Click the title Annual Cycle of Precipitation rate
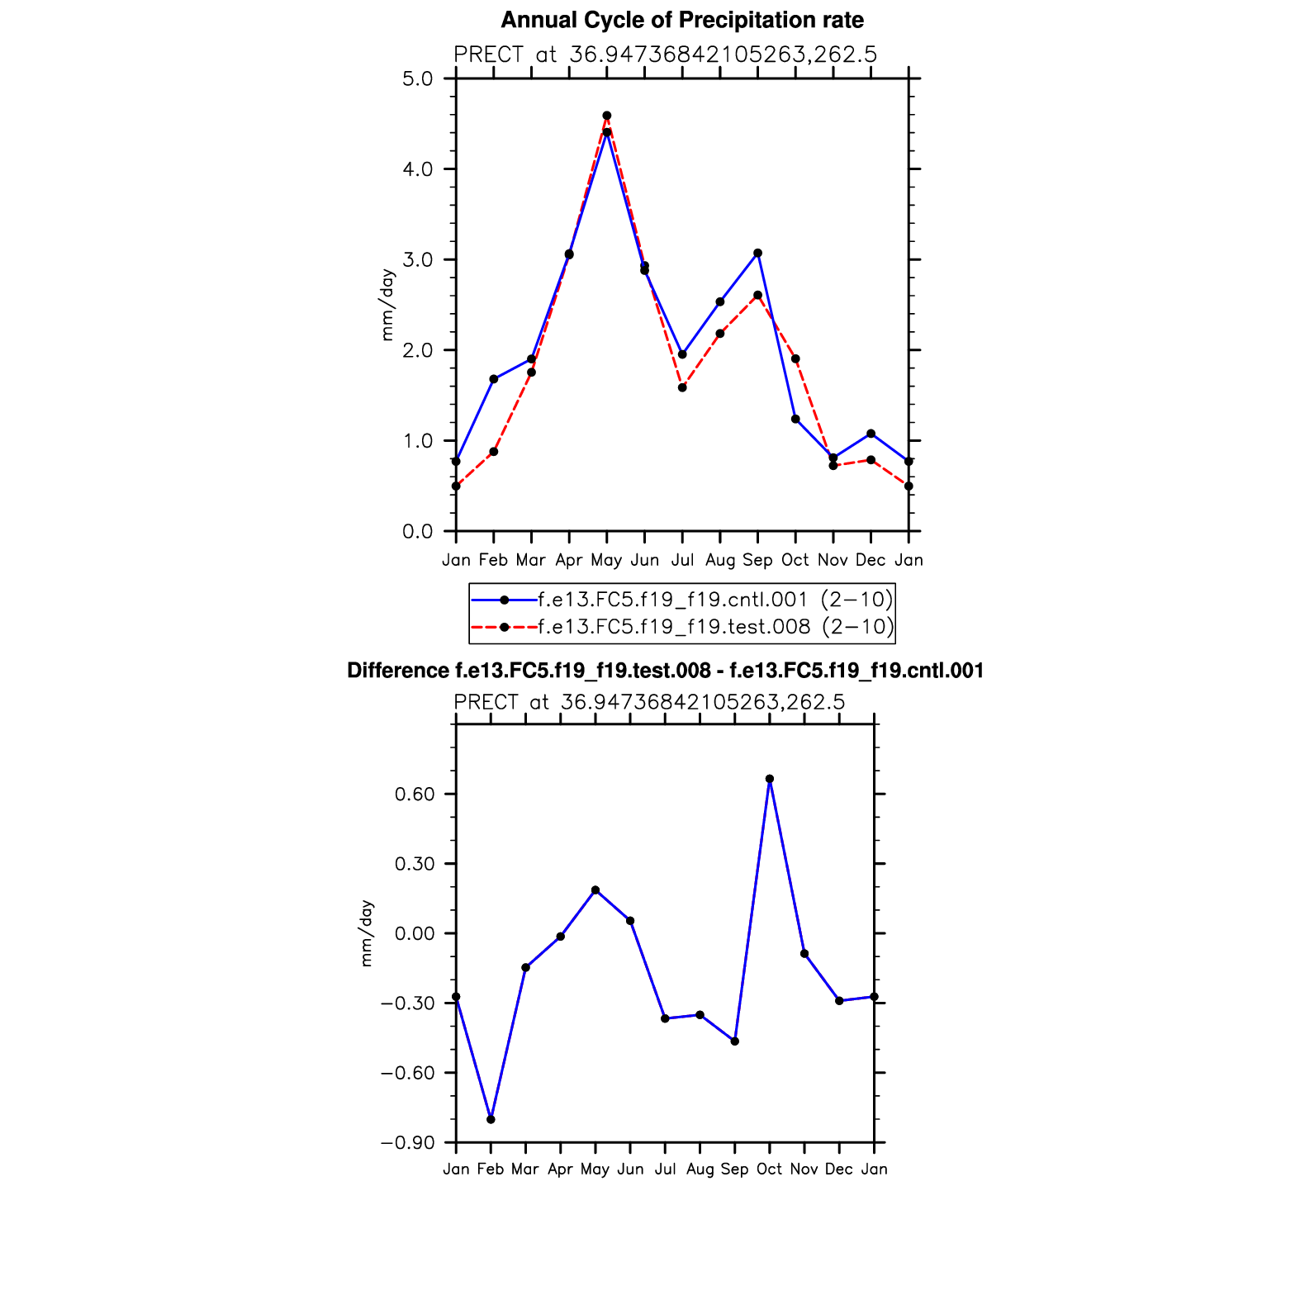point(682,20)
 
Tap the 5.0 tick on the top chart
point(418,78)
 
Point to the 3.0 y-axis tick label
point(418,259)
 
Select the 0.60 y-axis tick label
point(415,794)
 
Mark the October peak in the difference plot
point(770,779)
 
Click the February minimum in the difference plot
point(491,1119)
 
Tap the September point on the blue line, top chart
point(757,253)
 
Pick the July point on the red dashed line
point(682,387)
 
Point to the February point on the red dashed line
point(494,452)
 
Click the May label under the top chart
point(606,560)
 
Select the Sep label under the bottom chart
point(734,1169)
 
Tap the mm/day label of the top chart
point(387,305)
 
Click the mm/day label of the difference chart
point(366,933)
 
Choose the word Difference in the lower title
point(398,671)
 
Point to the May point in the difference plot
point(595,890)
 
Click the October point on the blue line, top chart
point(795,419)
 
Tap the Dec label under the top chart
point(871,560)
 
